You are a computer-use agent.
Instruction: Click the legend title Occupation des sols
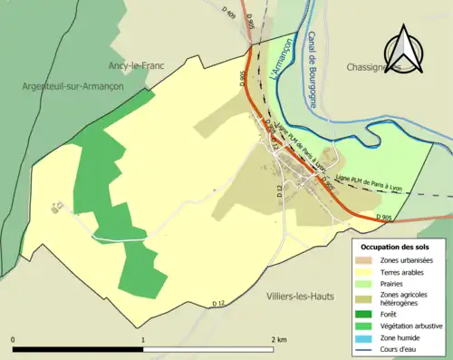pyautogui.click(x=394, y=247)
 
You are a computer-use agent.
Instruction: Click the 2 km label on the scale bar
pyautogui.click(x=278, y=339)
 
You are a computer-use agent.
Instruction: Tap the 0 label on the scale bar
pyautogui.click(x=14, y=339)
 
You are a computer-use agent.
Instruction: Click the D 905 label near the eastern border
pyautogui.click(x=383, y=217)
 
